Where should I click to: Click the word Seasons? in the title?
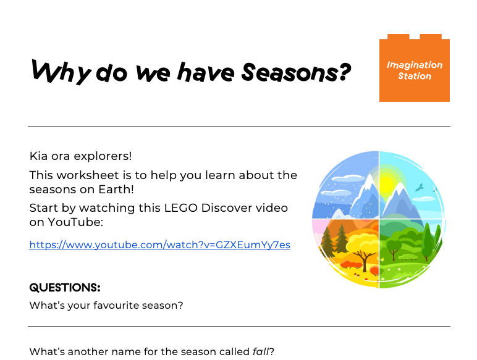[295, 73]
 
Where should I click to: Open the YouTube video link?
[159, 245]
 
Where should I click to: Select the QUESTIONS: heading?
[64, 288]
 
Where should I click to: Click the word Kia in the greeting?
[39, 156]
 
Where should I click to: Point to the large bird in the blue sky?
[420, 186]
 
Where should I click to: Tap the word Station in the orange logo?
[415, 77]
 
